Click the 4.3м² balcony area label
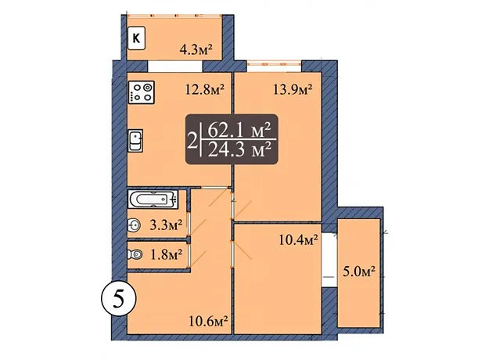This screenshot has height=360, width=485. pyautogui.click(x=196, y=49)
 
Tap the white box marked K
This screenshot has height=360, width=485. pyautogui.click(x=136, y=38)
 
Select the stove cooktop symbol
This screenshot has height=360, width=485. pyautogui.click(x=142, y=92)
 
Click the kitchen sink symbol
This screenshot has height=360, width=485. pyautogui.click(x=135, y=141)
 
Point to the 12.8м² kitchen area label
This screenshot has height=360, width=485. pyautogui.click(x=204, y=90)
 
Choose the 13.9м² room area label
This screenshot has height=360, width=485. pyautogui.click(x=293, y=90)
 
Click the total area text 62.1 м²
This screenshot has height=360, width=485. pyautogui.click(x=239, y=131)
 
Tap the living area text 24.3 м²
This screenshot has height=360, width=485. pyautogui.click(x=239, y=149)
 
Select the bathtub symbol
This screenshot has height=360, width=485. pyautogui.click(x=153, y=199)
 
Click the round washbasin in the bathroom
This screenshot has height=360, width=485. pyautogui.click(x=134, y=225)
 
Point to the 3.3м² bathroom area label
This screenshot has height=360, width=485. pyautogui.click(x=166, y=225)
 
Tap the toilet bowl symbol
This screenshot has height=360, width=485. pyautogui.click(x=135, y=254)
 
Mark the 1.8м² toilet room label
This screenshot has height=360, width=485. pyautogui.click(x=166, y=255)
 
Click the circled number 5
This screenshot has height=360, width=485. pyautogui.click(x=118, y=299)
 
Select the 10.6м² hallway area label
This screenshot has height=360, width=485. pyautogui.click(x=209, y=322)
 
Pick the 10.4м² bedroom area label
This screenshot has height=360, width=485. pyautogui.click(x=298, y=240)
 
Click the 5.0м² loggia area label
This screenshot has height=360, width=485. pyautogui.click(x=359, y=272)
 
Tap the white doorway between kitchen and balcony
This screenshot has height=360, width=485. pyautogui.click(x=175, y=67)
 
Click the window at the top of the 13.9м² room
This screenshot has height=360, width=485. pyautogui.click(x=274, y=64)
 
